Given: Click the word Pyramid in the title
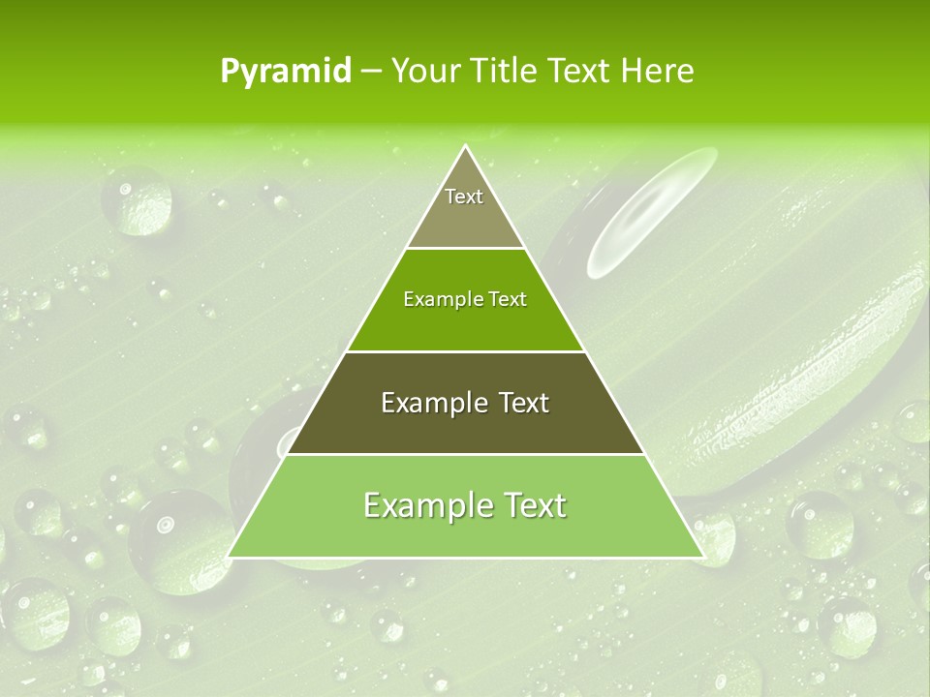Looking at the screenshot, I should pos(285,72).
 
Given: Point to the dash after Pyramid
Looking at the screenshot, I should pos(370,72).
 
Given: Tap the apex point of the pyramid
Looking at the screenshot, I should pos(466,146).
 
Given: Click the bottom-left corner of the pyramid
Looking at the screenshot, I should pos(230,557).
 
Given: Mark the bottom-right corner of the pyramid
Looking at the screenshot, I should pos(702,557).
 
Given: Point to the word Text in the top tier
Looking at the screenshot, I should pos(464,197).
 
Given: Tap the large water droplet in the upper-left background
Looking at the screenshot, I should pos(137,199).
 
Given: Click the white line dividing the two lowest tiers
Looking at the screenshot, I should pos(465,454).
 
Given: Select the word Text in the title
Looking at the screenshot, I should pos(582,71).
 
